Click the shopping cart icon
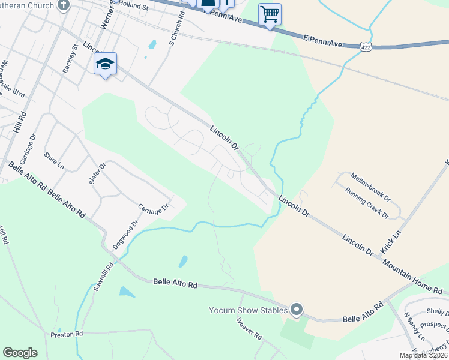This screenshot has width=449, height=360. coord(270,14)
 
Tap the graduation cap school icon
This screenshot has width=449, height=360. coord(105,64)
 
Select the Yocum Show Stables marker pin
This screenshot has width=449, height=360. coord(297,310)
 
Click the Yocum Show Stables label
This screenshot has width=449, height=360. coord(248,310)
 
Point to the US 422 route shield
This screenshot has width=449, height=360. coord(365,46)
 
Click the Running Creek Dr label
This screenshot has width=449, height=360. coord(367,203)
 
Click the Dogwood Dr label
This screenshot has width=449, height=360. coord(125,235)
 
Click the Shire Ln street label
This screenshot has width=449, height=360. coord(54,161)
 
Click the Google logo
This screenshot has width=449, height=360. coord(20,352)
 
